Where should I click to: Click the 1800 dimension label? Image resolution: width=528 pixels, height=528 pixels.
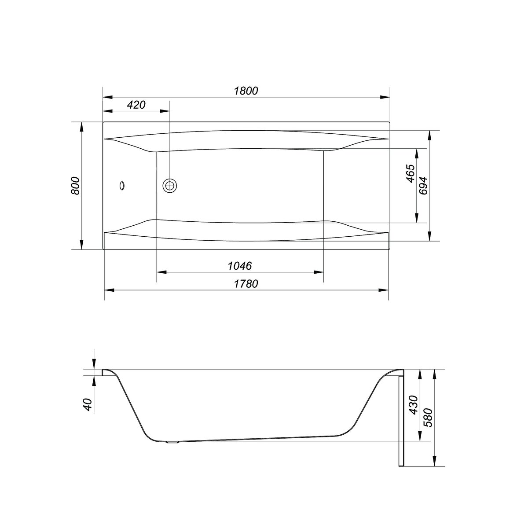tap(246, 91)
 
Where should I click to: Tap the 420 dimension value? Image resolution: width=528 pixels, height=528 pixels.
tap(136, 105)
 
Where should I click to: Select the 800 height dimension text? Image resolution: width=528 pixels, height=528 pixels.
tap(75, 186)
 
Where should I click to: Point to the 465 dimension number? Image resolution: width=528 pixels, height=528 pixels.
tap(410, 173)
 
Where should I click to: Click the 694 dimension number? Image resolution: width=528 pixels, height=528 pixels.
tap(423, 186)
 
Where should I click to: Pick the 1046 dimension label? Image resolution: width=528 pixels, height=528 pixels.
tap(240, 265)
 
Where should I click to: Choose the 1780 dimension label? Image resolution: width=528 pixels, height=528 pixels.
tap(246, 284)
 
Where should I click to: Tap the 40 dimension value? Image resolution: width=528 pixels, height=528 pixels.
tap(88, 404)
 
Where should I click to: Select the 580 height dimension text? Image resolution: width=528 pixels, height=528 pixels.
tap(428, 418)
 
